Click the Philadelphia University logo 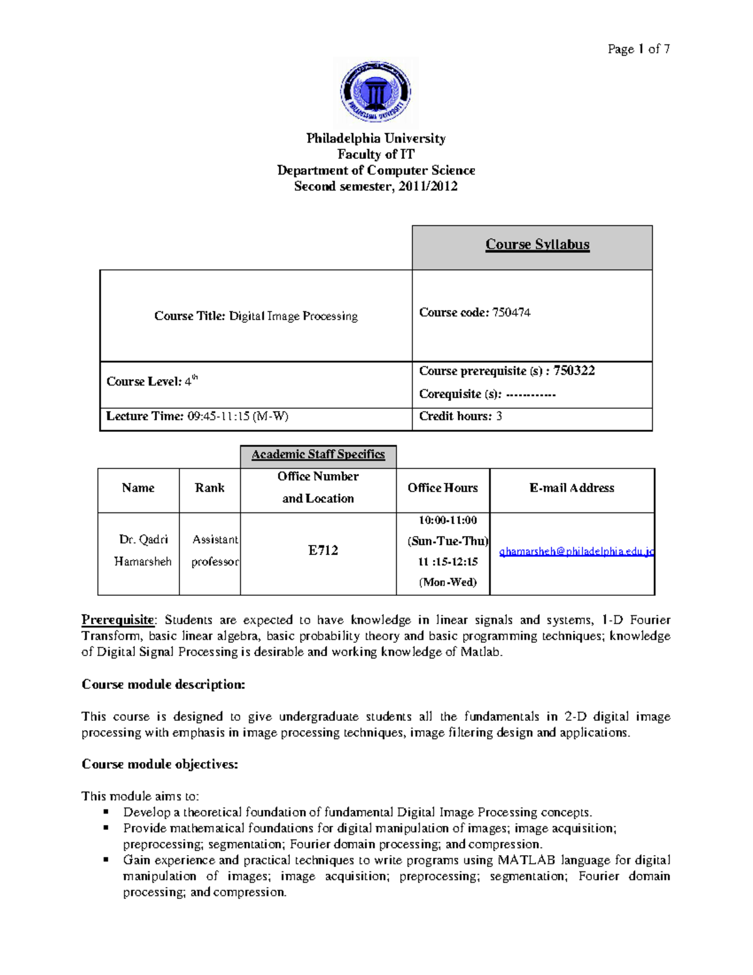(375, 92)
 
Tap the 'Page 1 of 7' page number (638, 49)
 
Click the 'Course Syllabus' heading (537, 244)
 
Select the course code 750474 (511, 313)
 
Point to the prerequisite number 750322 (574, 370)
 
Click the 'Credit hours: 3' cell (461, 416)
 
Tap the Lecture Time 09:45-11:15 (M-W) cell (198, 416)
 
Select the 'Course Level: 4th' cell (152, 381)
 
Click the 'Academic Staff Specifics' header (318, 455)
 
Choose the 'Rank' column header (210, 488)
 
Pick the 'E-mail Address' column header (572, 488)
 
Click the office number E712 (323, 551)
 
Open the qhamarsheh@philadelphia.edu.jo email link (576, 552)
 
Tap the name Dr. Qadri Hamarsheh (143, 550)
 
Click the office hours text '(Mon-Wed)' (447, 582)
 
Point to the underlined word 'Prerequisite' (117, 620)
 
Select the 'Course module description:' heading (163, 684)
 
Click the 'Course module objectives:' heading (160, 764)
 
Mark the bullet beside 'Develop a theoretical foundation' (107, 812)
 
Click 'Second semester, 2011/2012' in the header (375, 186)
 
